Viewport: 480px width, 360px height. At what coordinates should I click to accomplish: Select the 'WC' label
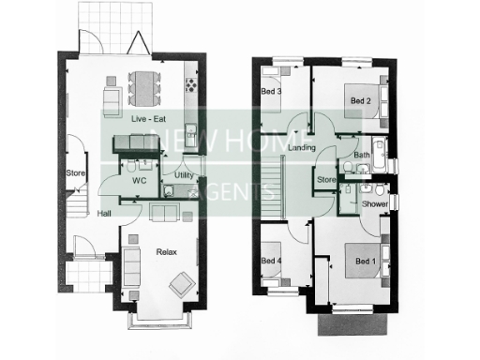[140, 178]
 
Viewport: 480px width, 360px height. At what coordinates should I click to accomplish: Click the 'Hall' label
[105, 213]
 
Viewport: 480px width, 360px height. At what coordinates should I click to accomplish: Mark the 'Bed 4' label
[270, 261]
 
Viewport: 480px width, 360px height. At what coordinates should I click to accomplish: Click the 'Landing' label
[302, 148]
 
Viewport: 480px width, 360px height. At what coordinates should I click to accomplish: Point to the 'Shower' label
[374, 203]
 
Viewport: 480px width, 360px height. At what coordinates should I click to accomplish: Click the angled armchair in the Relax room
[181, 282]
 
